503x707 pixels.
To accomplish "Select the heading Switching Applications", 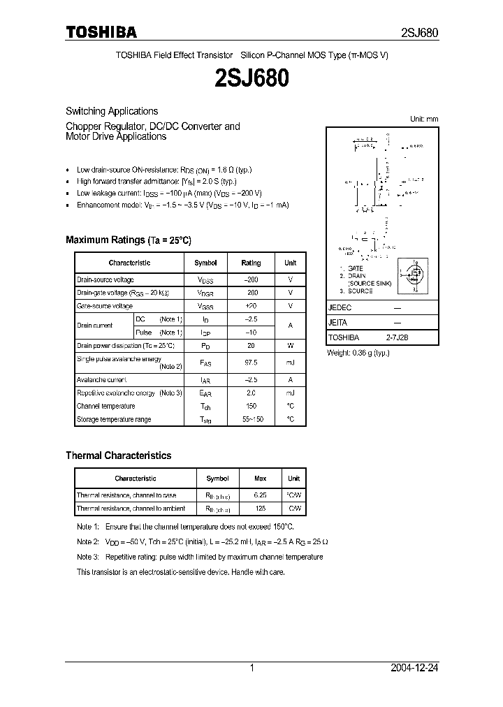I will click(x=112, y=111).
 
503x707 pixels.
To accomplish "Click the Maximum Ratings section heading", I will click(x=129, y=240).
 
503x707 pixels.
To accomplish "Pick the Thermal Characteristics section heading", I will click(x=118, y=455).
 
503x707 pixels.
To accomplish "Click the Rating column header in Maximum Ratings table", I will click(x=251, y=263).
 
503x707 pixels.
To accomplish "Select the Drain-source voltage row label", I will click(x=105, y=279).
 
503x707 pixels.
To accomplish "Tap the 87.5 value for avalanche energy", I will click(x=251, y=362).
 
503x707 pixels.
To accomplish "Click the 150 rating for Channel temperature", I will click(x=251, y=406).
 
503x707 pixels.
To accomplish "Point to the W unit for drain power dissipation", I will click(x=290, y=346).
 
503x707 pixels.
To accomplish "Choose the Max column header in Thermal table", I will click(x=260, y=479).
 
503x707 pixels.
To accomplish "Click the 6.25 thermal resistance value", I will click(x=260, y=495).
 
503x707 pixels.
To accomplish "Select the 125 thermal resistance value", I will click(x=260, y=509).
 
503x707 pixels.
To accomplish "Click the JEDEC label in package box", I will click(x=340, y=307).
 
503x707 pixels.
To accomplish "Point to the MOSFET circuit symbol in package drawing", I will click(x=413, y=278).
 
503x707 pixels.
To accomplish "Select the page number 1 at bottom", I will click(x=251, y=668).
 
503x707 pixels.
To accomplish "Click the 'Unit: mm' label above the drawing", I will click(x=423, y=119).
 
